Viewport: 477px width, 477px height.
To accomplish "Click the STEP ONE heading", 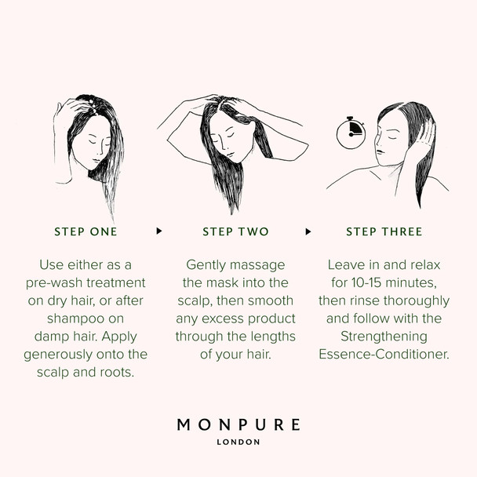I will [86, 231].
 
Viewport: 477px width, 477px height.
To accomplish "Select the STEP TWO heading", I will [235, 231].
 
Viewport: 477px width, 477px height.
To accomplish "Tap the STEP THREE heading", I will [384, 231].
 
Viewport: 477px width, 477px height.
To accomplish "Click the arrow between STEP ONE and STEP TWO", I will [159, 231].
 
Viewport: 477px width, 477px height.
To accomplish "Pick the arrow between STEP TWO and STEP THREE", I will [308, 231].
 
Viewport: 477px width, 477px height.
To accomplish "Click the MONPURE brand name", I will [238, 425].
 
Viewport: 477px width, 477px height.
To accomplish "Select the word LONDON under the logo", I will [238, 442].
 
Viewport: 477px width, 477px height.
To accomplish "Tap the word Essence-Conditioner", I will [384, 354].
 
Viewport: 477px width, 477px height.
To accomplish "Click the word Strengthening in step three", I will [384, 336].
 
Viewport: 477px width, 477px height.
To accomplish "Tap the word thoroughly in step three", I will [417, 300].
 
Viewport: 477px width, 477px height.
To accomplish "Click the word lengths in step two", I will [270, 336].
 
